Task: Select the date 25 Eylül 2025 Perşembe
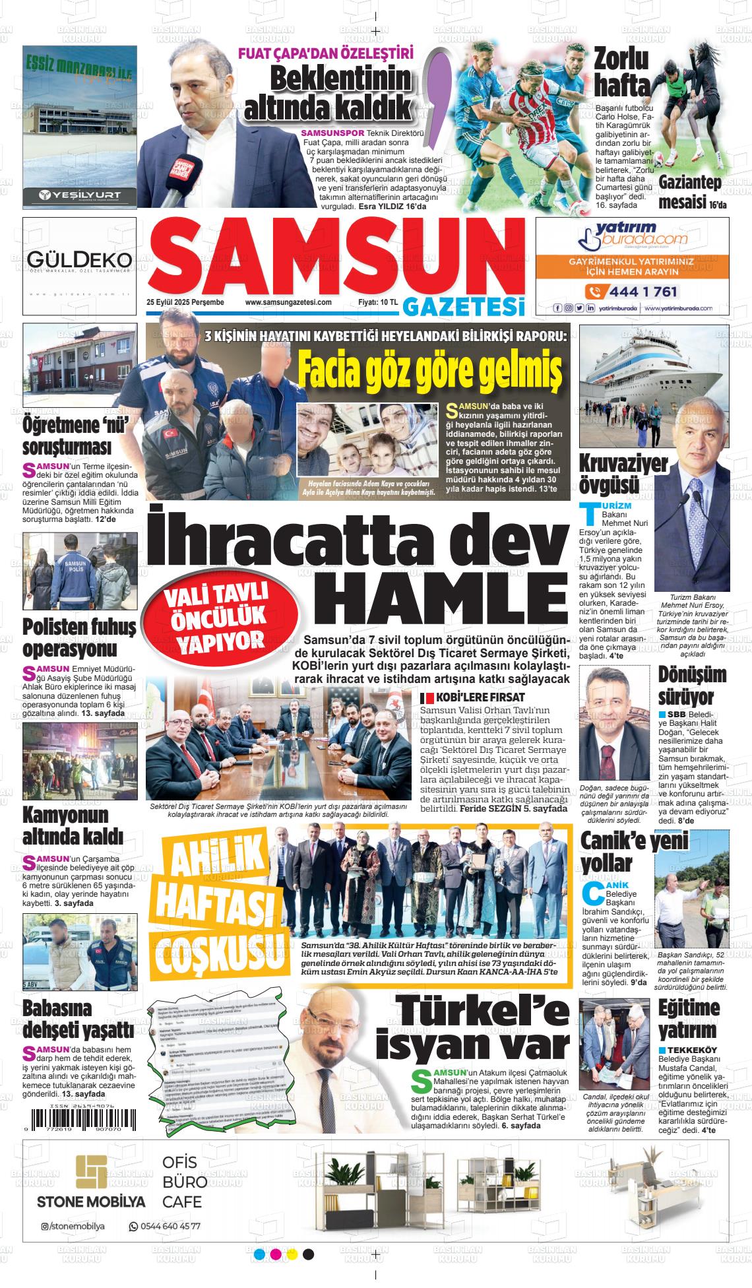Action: (x=185, y=302)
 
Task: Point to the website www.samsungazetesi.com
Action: (x=288, y=302)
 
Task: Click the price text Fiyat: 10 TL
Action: (x=378, y=302)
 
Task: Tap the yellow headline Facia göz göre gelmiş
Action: (x=429, y=371)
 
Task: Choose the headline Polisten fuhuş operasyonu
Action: (x=79, y=637)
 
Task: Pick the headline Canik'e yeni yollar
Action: (x=623, y=851)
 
